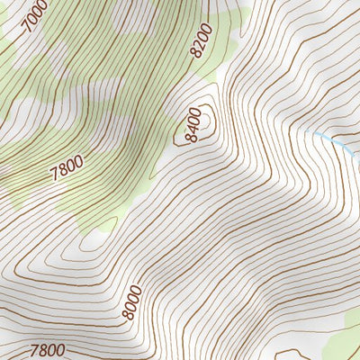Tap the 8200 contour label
click(x=202, y=41)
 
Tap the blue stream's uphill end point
click(x=311, y=132)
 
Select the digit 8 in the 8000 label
click(x=126, y=317)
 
